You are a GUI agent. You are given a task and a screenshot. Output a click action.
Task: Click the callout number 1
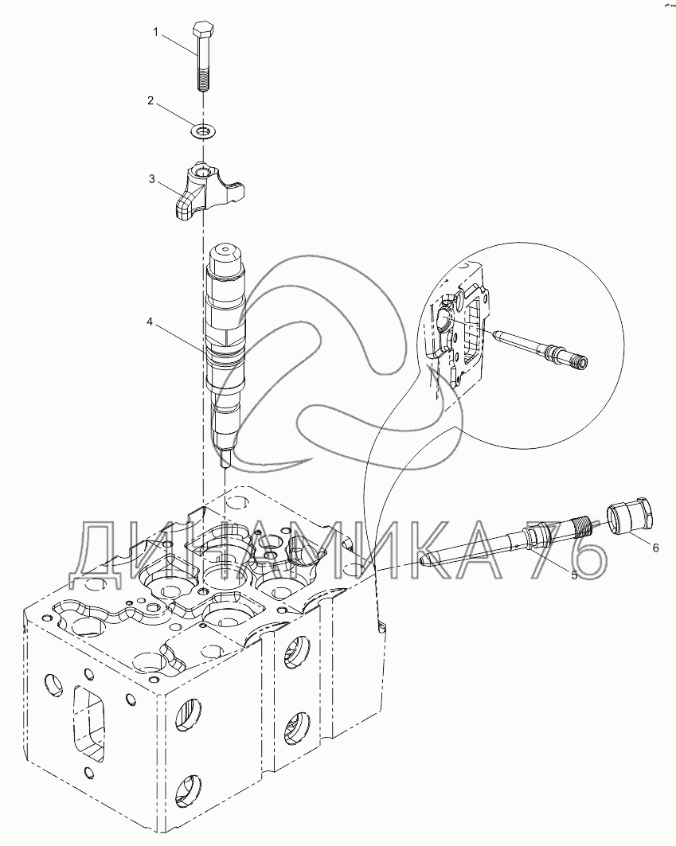pyautogui.click(x=156, y=32)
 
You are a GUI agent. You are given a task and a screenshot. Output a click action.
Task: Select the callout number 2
pyautogui.click(x=150, y=100)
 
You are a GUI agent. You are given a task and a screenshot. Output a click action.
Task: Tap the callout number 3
pyautogui.click(x=151, y=179)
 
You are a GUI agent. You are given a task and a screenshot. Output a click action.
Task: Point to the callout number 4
pyautogui.click(x=149, y=323)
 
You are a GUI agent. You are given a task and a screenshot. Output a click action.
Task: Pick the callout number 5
pyautogui.click(x=573, y=574)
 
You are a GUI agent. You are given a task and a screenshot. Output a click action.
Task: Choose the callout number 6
pyautogui.click(x=655, y=548)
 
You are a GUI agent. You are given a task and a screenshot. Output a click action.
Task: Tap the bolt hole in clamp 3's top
pyautogui.click(x=202, y=171)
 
